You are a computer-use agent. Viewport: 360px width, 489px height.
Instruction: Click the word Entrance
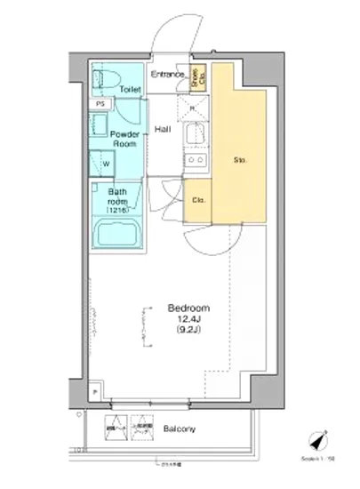tap(167, 75)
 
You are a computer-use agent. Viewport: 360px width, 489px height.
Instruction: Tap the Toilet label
tap(131, 90)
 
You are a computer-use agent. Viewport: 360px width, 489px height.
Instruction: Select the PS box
tap(100, 103)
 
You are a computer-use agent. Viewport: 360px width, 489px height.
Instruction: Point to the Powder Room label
tap(124, 137)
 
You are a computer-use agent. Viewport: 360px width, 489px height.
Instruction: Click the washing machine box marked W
tap(105, 164)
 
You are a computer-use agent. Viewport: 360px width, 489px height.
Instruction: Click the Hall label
tap(163, 130)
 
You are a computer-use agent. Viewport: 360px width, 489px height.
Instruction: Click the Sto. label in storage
tap(239, 160)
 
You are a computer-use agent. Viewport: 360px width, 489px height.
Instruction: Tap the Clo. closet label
tap(199, 200)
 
